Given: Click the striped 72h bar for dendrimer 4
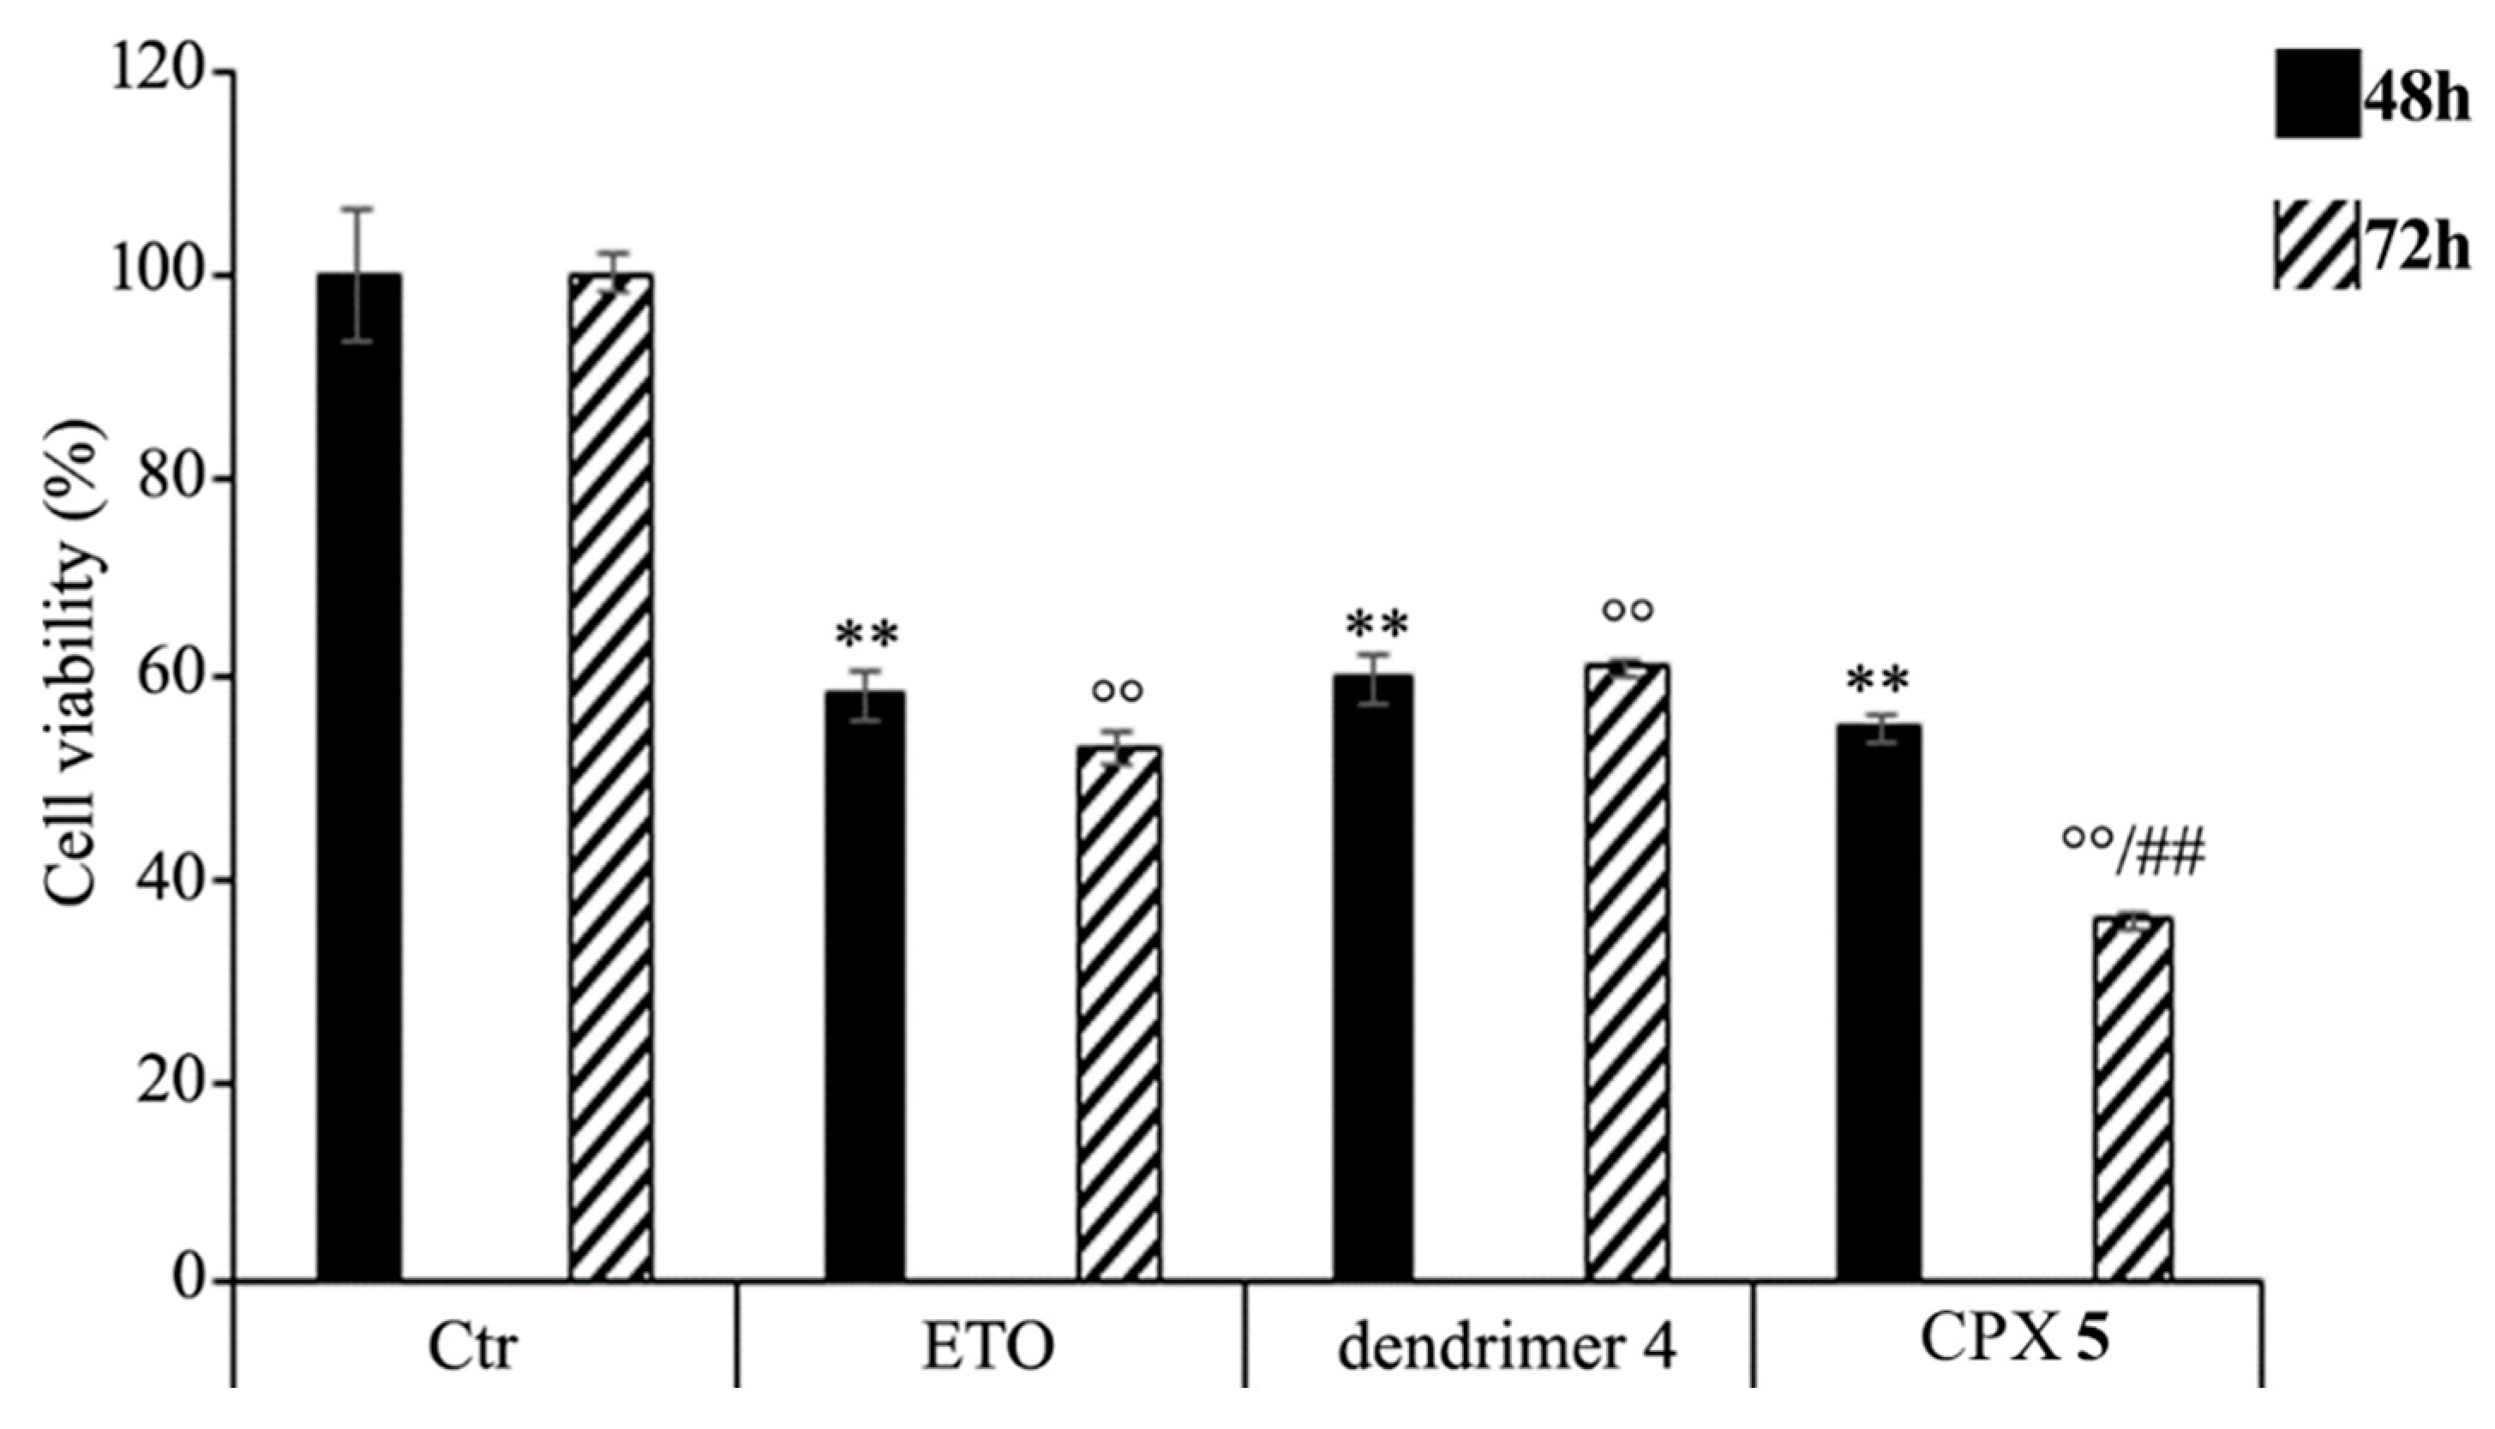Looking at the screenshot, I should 1627,971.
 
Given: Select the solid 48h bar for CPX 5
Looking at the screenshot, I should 1879,1002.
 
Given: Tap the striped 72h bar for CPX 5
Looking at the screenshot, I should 2133,1098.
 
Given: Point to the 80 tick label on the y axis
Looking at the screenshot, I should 171,479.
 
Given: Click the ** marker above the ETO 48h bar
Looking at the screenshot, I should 867,636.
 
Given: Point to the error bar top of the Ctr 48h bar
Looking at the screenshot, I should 358,209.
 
